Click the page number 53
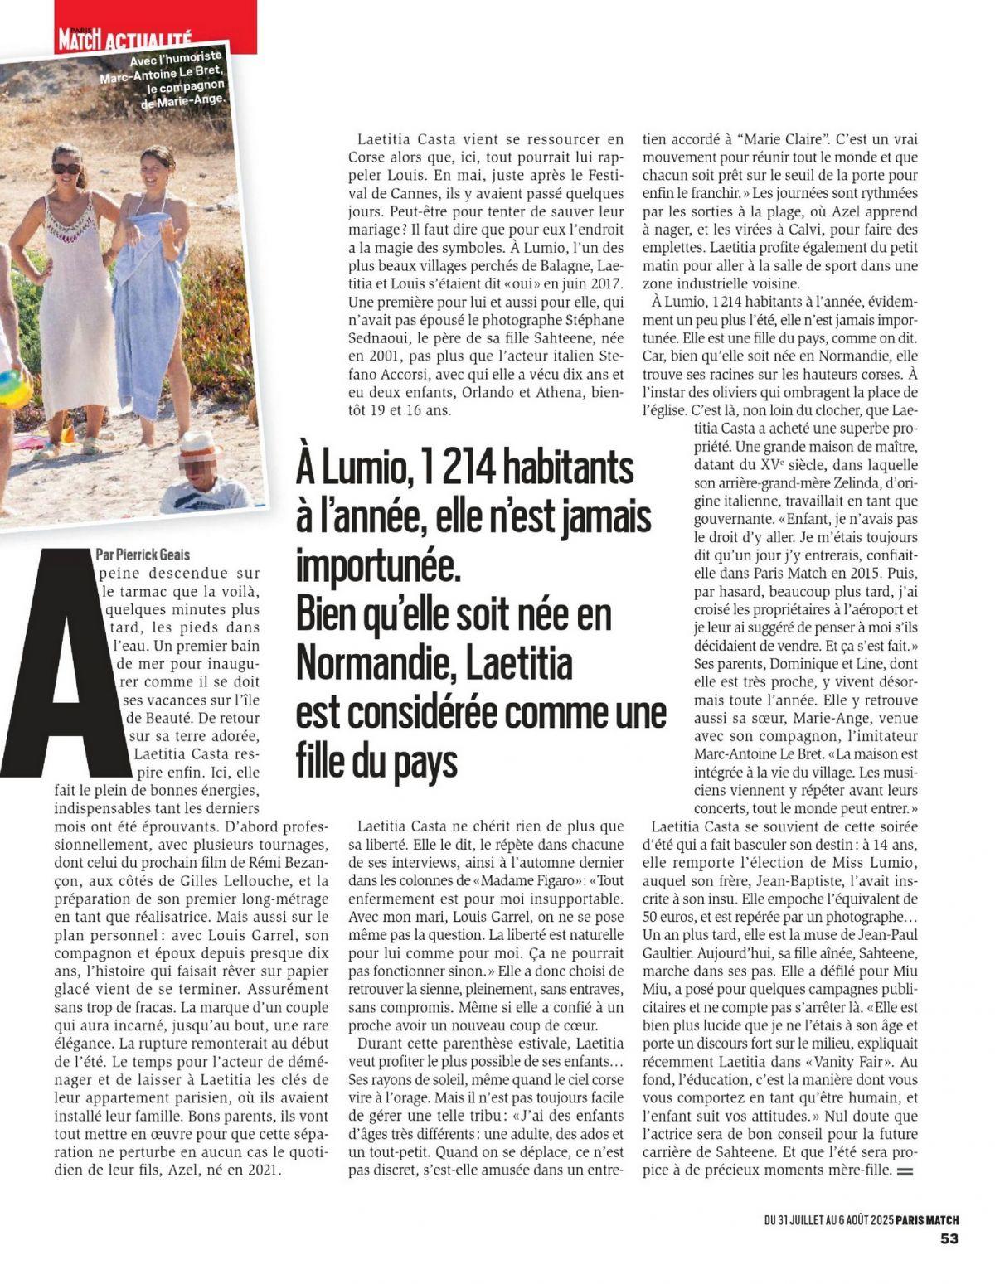pyautogui.click(x=949, y=1238)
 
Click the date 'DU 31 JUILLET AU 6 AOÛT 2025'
pyautogui.click(x=828, y=1219)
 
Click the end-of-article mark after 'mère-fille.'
pyautogui.click(x=905, y=1171)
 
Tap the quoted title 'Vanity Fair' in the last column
pyautogui.click(x=853, y=1060)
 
